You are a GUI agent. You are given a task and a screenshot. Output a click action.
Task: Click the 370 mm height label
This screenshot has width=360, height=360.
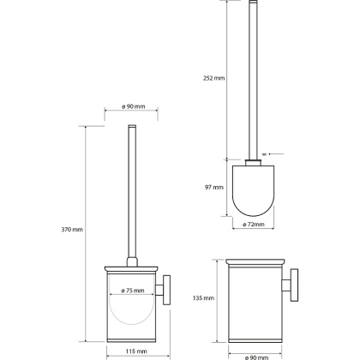72,230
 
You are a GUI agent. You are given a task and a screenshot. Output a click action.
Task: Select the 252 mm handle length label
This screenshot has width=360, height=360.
214,78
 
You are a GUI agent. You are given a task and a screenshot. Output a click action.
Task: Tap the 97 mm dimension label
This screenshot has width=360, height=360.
214,188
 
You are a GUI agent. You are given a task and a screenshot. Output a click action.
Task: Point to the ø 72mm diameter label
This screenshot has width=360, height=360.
254,225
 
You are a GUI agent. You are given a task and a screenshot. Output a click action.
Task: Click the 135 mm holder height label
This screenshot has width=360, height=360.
203,298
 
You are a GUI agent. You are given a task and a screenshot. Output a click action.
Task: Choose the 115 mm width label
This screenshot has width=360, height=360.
136,351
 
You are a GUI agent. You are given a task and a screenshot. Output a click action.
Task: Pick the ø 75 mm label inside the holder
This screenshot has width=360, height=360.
133,291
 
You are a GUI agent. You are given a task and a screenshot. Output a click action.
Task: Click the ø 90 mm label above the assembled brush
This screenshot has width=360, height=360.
133,106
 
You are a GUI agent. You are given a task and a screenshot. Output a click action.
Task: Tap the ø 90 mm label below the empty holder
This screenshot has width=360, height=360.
255,357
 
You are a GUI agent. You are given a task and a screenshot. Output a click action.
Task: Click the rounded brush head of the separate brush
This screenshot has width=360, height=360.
253,190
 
